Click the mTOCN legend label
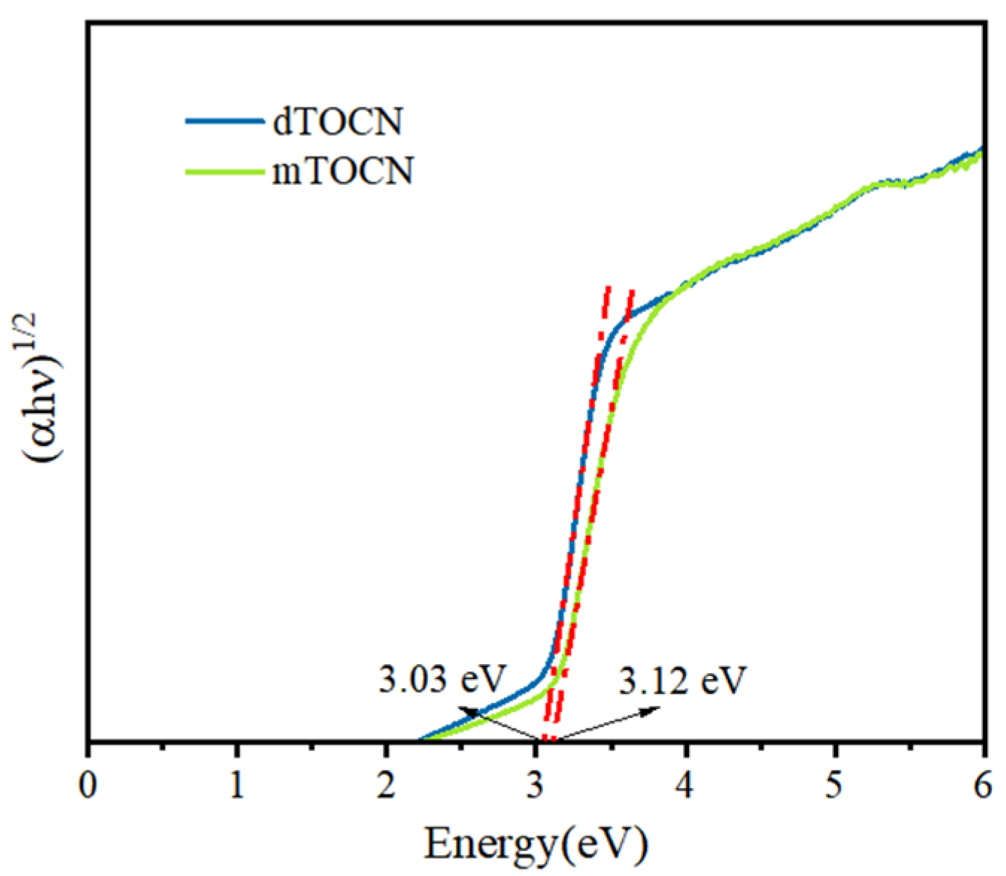pos(343,171)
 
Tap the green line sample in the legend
pos(224,172)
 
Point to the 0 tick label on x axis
pos(88,786)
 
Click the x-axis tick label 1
pos(237,786)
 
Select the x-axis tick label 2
pos(386,786)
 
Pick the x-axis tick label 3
pos(535,786)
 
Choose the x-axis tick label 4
pos(686,786)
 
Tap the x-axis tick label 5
pos(835,786)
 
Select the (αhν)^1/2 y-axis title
pos(46,389)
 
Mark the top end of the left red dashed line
pos(609,287)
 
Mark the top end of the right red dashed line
pos(632,291)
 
